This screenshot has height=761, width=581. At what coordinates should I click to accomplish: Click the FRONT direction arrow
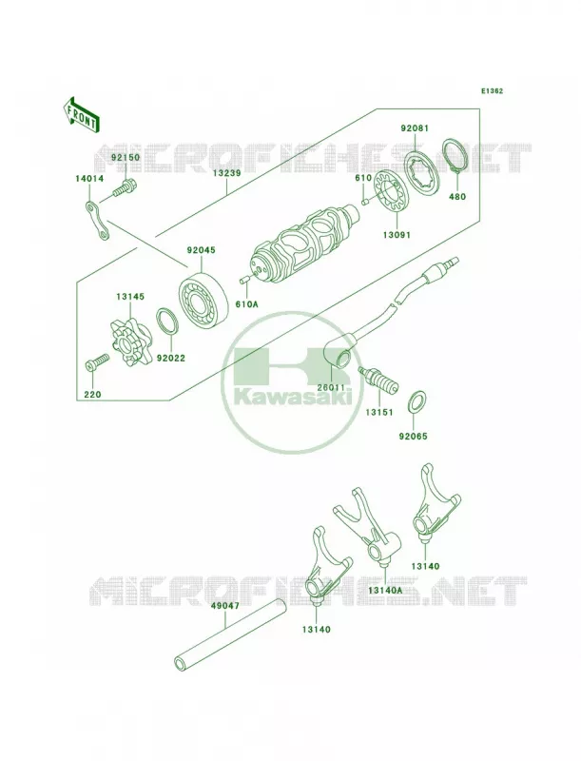(x=81, y=114)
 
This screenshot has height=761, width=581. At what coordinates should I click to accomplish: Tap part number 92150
(x=126, y=158)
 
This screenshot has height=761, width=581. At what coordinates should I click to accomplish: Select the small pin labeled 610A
(x=246, y=280)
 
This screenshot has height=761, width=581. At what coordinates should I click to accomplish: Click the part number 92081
(x=415, y=128)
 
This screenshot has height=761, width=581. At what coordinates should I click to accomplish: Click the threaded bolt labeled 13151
(x=378, y=380)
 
